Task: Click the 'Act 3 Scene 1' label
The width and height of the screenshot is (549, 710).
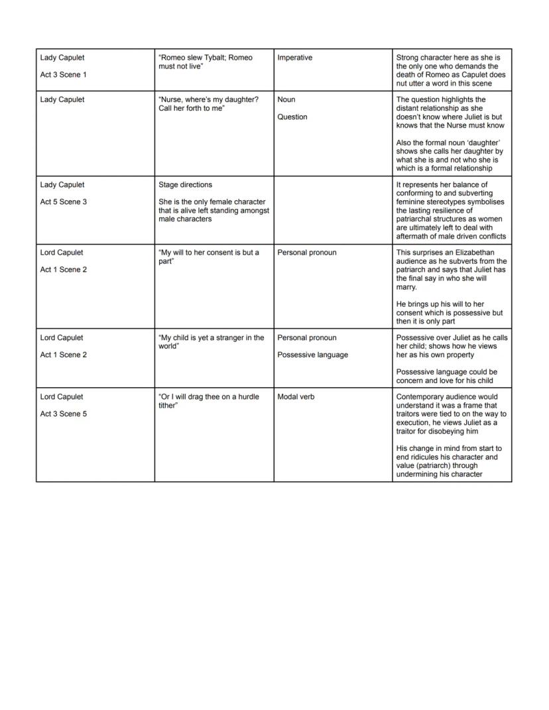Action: (63, 75)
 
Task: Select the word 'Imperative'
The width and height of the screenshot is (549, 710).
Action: (294, 58)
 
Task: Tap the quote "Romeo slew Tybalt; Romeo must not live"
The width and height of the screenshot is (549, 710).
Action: (206, 62)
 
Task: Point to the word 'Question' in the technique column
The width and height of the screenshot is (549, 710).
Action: (292, 117)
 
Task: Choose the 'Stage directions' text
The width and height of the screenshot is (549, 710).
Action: (185, 185)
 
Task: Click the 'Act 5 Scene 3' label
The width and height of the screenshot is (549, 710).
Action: (63, 202)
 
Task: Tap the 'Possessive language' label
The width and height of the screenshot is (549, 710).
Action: (312, 355)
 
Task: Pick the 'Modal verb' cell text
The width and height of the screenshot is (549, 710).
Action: (296, 396)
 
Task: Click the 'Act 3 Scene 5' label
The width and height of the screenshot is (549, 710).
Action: (63, 414)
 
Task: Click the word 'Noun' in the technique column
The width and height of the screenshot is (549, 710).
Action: (286, 99)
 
